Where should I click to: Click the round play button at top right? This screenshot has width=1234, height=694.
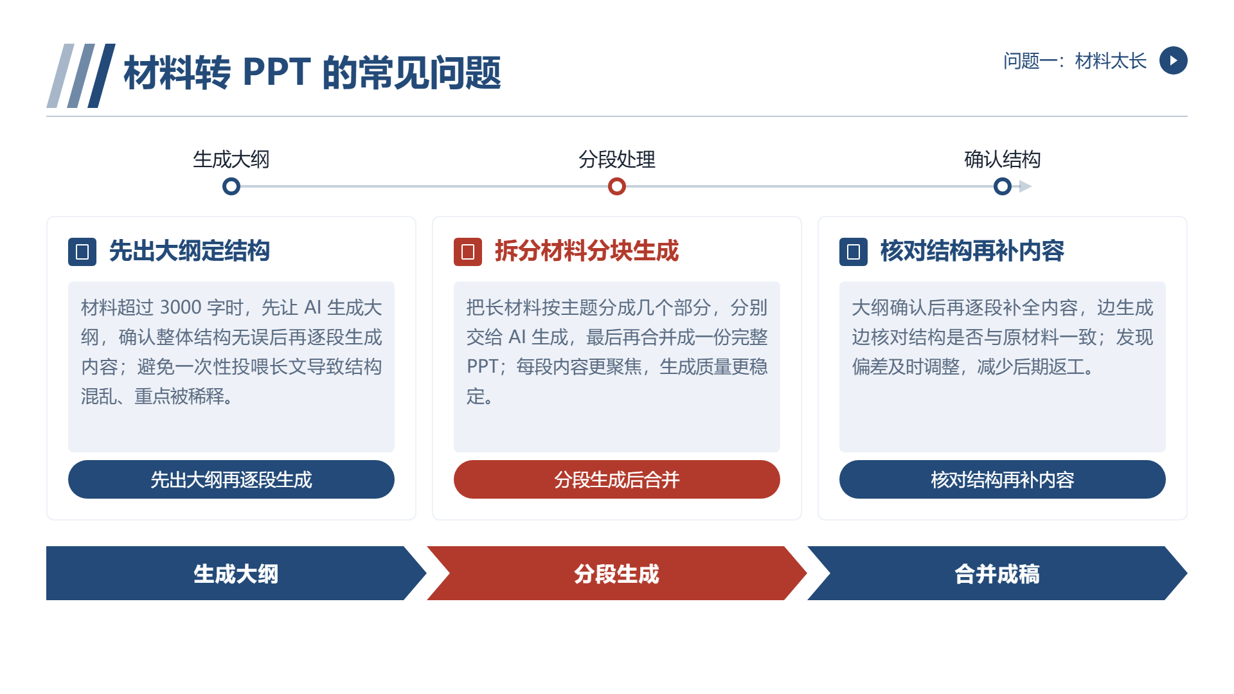[x=1173, y=60]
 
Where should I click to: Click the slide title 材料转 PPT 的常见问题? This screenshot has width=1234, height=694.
[x=312, y=73]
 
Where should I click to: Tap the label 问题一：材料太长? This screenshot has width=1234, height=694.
[x=1075, y=61]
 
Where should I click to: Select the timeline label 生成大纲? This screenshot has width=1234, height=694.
[x=231, y=159]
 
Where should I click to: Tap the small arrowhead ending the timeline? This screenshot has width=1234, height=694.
[x=1026, y=186]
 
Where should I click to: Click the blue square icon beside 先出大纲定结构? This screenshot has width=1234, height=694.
[x=82, y=252]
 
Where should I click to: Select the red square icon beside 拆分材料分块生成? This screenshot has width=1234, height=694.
[x=468, y=252]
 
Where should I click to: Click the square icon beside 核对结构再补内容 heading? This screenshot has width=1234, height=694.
[x=854, y=252]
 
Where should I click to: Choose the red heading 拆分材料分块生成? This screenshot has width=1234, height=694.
[x=587, y=251]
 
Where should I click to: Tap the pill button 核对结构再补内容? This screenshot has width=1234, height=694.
[x=1003, y=479]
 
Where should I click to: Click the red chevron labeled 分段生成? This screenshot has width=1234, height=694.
[x=617, y=573]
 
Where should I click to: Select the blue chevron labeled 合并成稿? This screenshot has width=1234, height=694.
[x=997, y=573]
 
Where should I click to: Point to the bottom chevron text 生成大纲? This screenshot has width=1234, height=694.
[x=236, y=574]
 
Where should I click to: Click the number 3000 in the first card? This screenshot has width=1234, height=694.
[x=181, y=307]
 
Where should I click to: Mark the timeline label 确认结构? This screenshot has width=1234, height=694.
[x=1003, y=159]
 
